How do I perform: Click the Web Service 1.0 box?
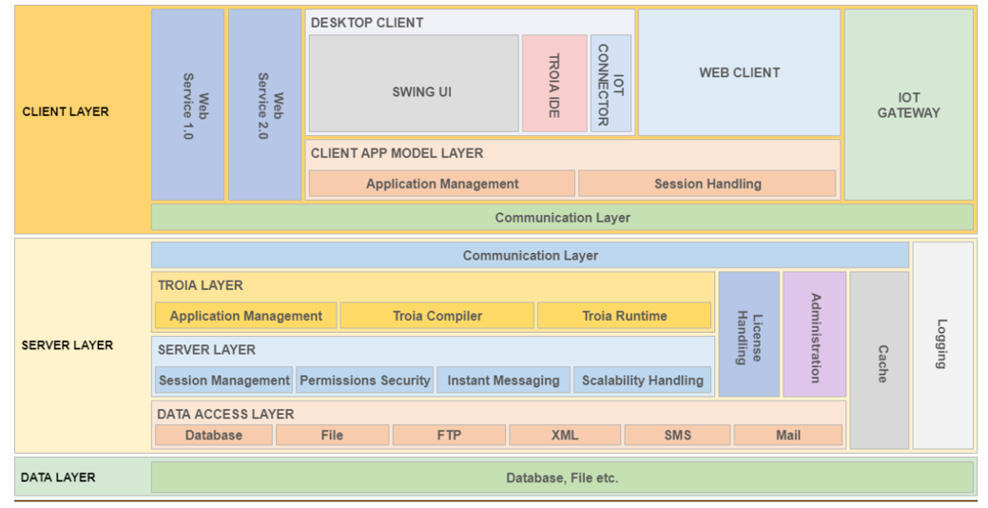[x=187, y=105]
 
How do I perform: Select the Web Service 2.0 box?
[x=264, y=105]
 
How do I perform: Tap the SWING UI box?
[x=414, y=83]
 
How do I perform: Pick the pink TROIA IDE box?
[x=554, y=83]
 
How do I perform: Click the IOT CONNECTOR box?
[x=610, y=83]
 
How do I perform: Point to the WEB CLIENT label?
[x=740, y=72]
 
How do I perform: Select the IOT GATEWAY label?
[x=909, y=106]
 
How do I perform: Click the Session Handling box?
[x=707, y=184]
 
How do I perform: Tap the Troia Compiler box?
[x=437, y=316]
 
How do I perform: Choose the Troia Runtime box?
[x=625, y=316]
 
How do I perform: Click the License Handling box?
[x=749, y=334]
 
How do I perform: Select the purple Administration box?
[x=815, y=334]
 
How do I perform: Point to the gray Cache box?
[x=880, y=361]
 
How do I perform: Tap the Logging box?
[x=943, y=345]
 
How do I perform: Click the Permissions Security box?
[x=365, y=381]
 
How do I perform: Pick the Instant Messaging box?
[x=503, y=381]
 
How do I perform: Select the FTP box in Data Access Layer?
[x=449, y=435]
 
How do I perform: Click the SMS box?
[x=677, y=435]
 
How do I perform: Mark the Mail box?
[x=788, y=435]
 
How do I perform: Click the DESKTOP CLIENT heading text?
[x=367, y=23]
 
